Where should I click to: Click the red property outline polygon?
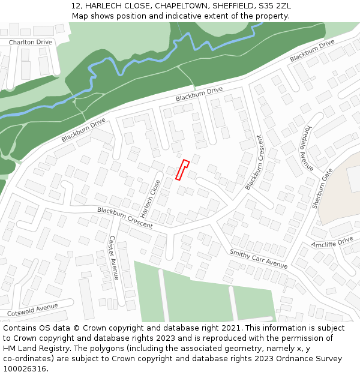[182, 170]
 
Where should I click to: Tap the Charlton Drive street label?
[30, 43]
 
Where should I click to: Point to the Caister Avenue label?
[112, 257]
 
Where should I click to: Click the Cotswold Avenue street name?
[32, 310]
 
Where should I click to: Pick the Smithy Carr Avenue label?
[258, 258]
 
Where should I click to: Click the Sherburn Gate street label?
[322, 188]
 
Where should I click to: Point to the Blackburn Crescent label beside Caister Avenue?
[125, 218]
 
